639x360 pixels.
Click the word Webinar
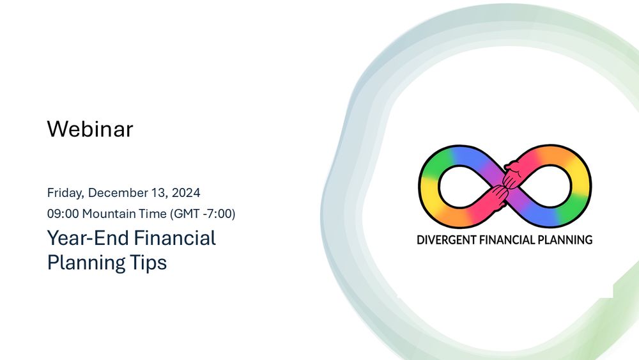tap(90, 129)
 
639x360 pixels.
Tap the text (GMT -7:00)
tap(203, 214)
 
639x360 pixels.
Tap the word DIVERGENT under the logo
tap(445, 240)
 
